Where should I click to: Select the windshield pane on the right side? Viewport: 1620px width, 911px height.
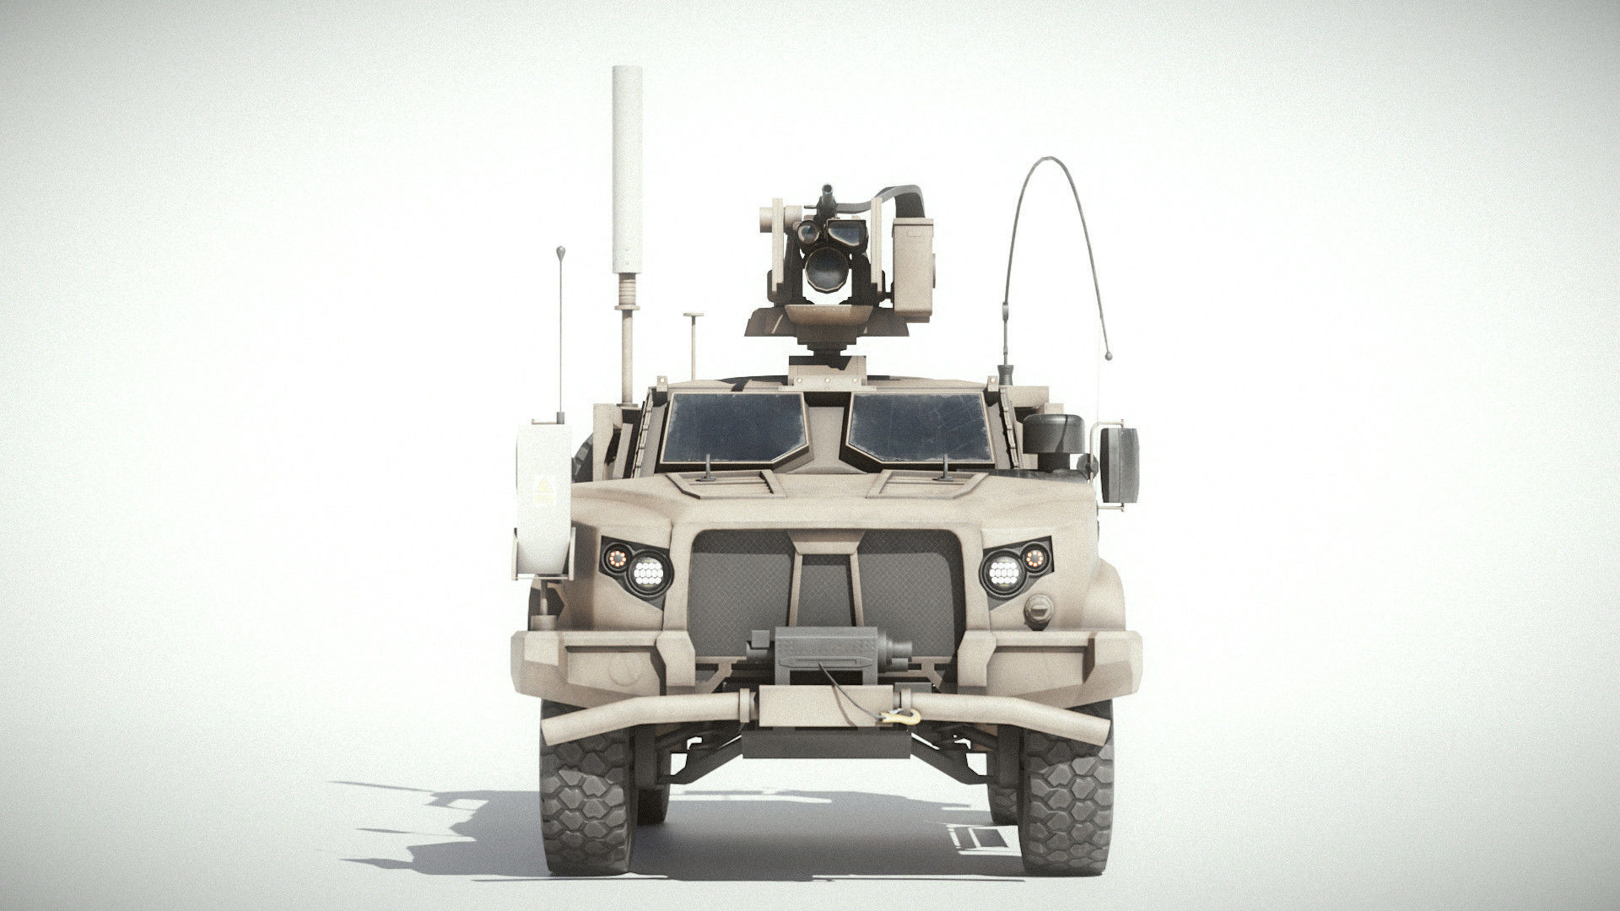[921, 429]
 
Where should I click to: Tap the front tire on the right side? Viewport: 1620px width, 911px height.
[1064, 801]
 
